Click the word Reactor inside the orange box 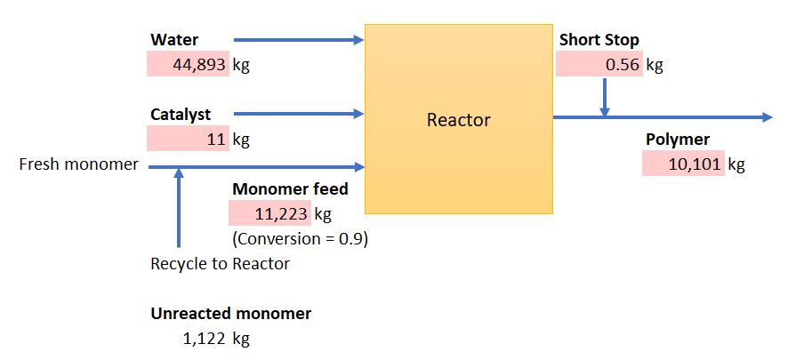[458, 120]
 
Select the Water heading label [174, 40]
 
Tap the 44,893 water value [199, 65]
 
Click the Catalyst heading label [181, 114]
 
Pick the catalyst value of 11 [218, 140]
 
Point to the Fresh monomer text [79, 164]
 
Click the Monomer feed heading [290, 189]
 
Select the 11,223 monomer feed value [281, 213]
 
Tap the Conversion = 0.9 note [301, 239]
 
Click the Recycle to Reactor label [220, 264]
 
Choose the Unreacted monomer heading [231, 314]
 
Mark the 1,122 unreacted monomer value [204, 339]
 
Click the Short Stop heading [599, 40]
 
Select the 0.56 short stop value [623, 65]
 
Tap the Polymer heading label [678, 140]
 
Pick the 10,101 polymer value [695, 164]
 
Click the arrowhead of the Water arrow [359, 40]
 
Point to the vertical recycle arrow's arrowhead [179, 172]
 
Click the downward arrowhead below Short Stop [605, 111]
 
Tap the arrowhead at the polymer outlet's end [767, 117]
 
